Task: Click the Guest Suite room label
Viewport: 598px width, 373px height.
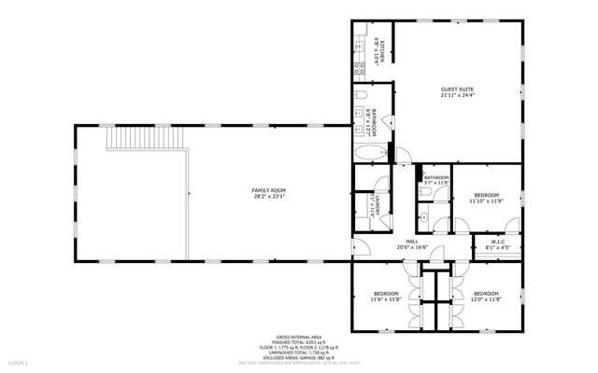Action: [458, 90]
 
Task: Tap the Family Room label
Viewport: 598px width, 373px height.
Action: [267, 190]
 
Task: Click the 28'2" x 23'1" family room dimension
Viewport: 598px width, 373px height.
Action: [267, 196]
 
